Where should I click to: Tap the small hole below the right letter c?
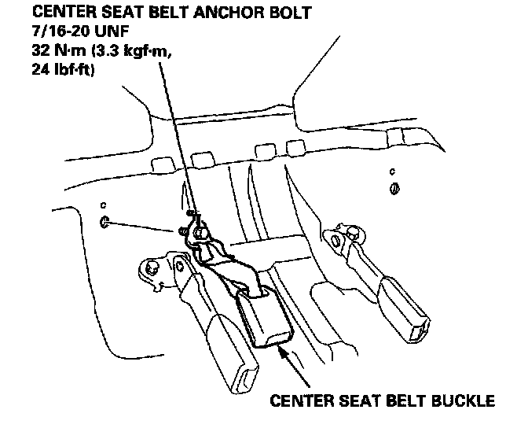tap(394, 188)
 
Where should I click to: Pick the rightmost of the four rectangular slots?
tap(295, 147)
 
